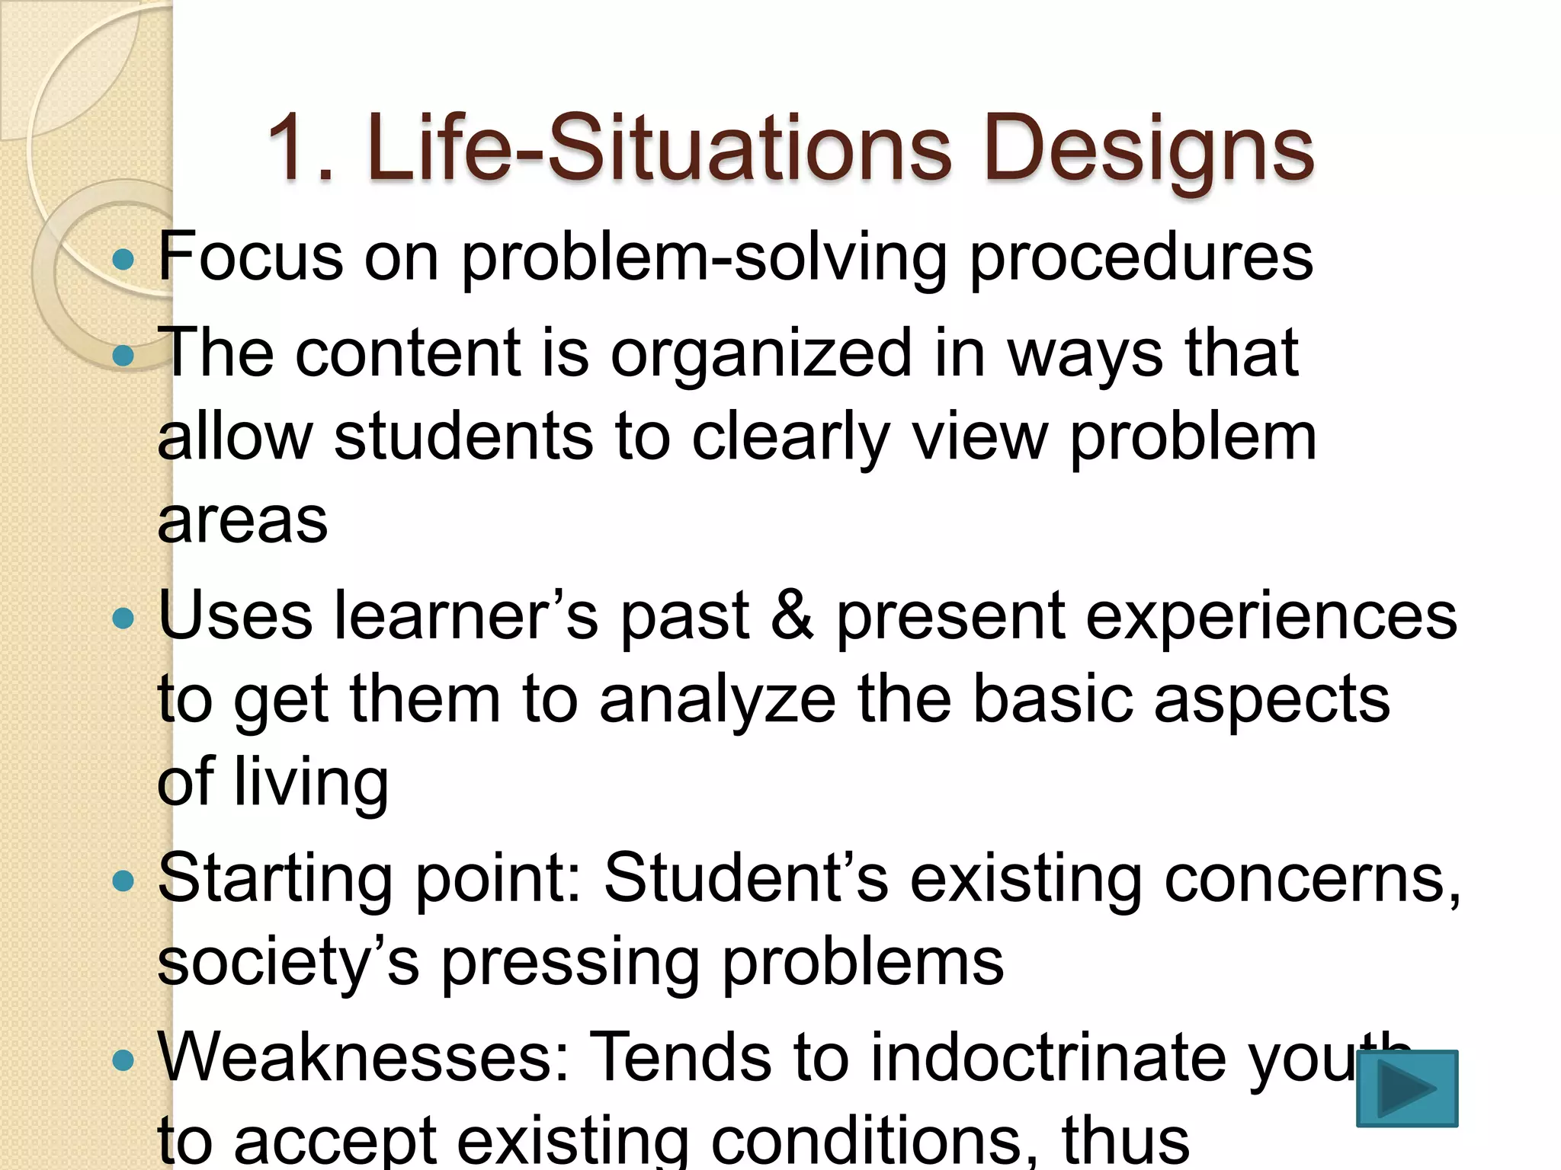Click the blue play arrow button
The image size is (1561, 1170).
pyautogui.click(x=1407, y=1088)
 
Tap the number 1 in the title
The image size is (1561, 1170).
pyautogui.click(x=290, y=148)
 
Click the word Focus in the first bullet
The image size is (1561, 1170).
pyautogui.click(x=251, y=257)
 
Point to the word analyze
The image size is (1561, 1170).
pyautogui.click(x=717, y=701)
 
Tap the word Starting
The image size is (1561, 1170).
pyautogui.click(x=275, y=881)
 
